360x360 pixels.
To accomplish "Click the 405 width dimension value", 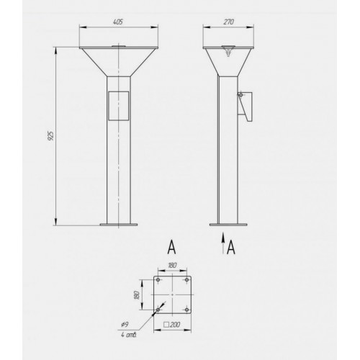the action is (x=118, y=22).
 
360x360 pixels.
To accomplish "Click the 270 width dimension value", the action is (x=228, y=22).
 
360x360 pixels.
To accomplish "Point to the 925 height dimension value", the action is (x=51, y=135).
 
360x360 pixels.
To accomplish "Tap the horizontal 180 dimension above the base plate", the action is (x=172, y=265).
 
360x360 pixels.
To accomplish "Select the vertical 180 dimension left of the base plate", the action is (x=137, y=294).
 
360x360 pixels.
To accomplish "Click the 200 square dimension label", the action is (x=172, y=325).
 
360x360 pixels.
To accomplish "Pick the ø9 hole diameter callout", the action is (x=125, y=325).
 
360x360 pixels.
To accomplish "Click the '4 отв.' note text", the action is (x=129, y=335).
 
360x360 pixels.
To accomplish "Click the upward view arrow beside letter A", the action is (x=223, y=243).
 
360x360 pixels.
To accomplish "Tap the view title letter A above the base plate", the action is (x=171, y=247).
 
